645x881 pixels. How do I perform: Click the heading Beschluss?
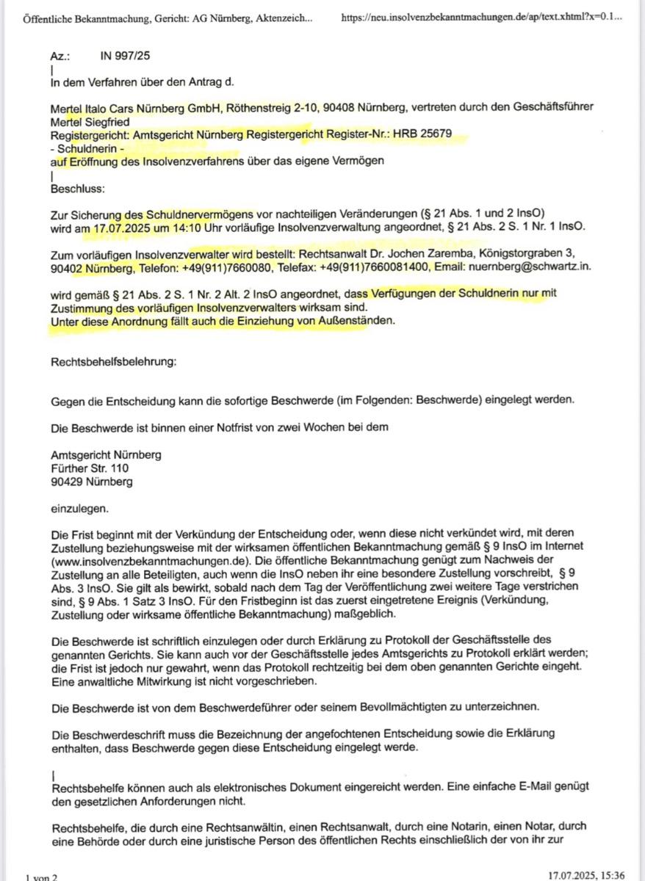77,188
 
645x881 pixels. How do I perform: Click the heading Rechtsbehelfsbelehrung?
113,360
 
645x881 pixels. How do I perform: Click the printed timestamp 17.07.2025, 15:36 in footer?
585,875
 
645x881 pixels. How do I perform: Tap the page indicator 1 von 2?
41,877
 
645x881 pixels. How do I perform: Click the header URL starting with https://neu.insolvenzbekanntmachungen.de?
482,15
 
